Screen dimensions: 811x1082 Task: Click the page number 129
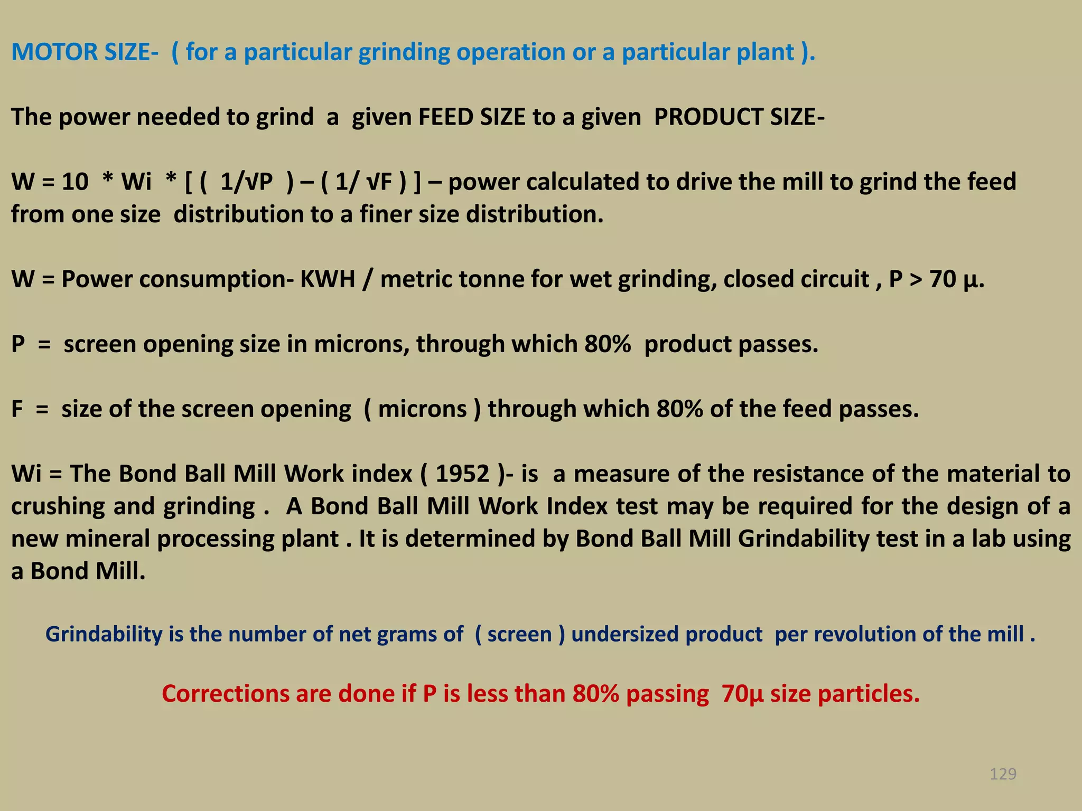(x=1003, y=774)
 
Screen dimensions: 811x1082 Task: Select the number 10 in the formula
(x=75, y=182)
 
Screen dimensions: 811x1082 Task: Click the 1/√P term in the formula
(x=246, y=182)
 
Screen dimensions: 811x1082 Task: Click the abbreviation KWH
(x=328, y=279)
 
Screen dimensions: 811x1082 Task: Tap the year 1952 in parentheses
(x=462, y=474)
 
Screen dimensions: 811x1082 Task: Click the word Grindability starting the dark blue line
(x=104, y=634)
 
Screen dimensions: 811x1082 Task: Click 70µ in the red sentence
(x=742, y=694)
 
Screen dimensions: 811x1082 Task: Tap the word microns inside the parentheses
(x=422, y=409)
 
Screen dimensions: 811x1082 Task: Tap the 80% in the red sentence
(x=595, y=694)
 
